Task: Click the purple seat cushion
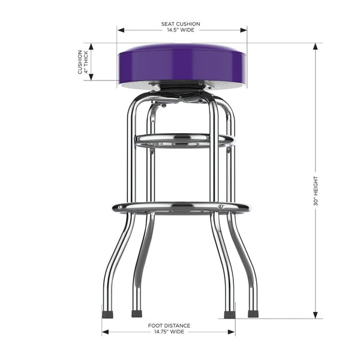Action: (181, 63)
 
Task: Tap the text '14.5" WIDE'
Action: (181, 30)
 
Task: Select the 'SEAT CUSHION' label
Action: (181, 24)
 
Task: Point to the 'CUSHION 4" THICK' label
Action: (83, 62)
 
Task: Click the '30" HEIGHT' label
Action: (316, 191)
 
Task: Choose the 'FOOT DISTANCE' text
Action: (169, 325)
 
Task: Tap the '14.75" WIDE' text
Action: (169, 331)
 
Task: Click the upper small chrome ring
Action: (183, 141)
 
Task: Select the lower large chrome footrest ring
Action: (181, 208)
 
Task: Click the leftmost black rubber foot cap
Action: (107, 313)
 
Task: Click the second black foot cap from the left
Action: (137, 313)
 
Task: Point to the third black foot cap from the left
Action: (229, 314)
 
